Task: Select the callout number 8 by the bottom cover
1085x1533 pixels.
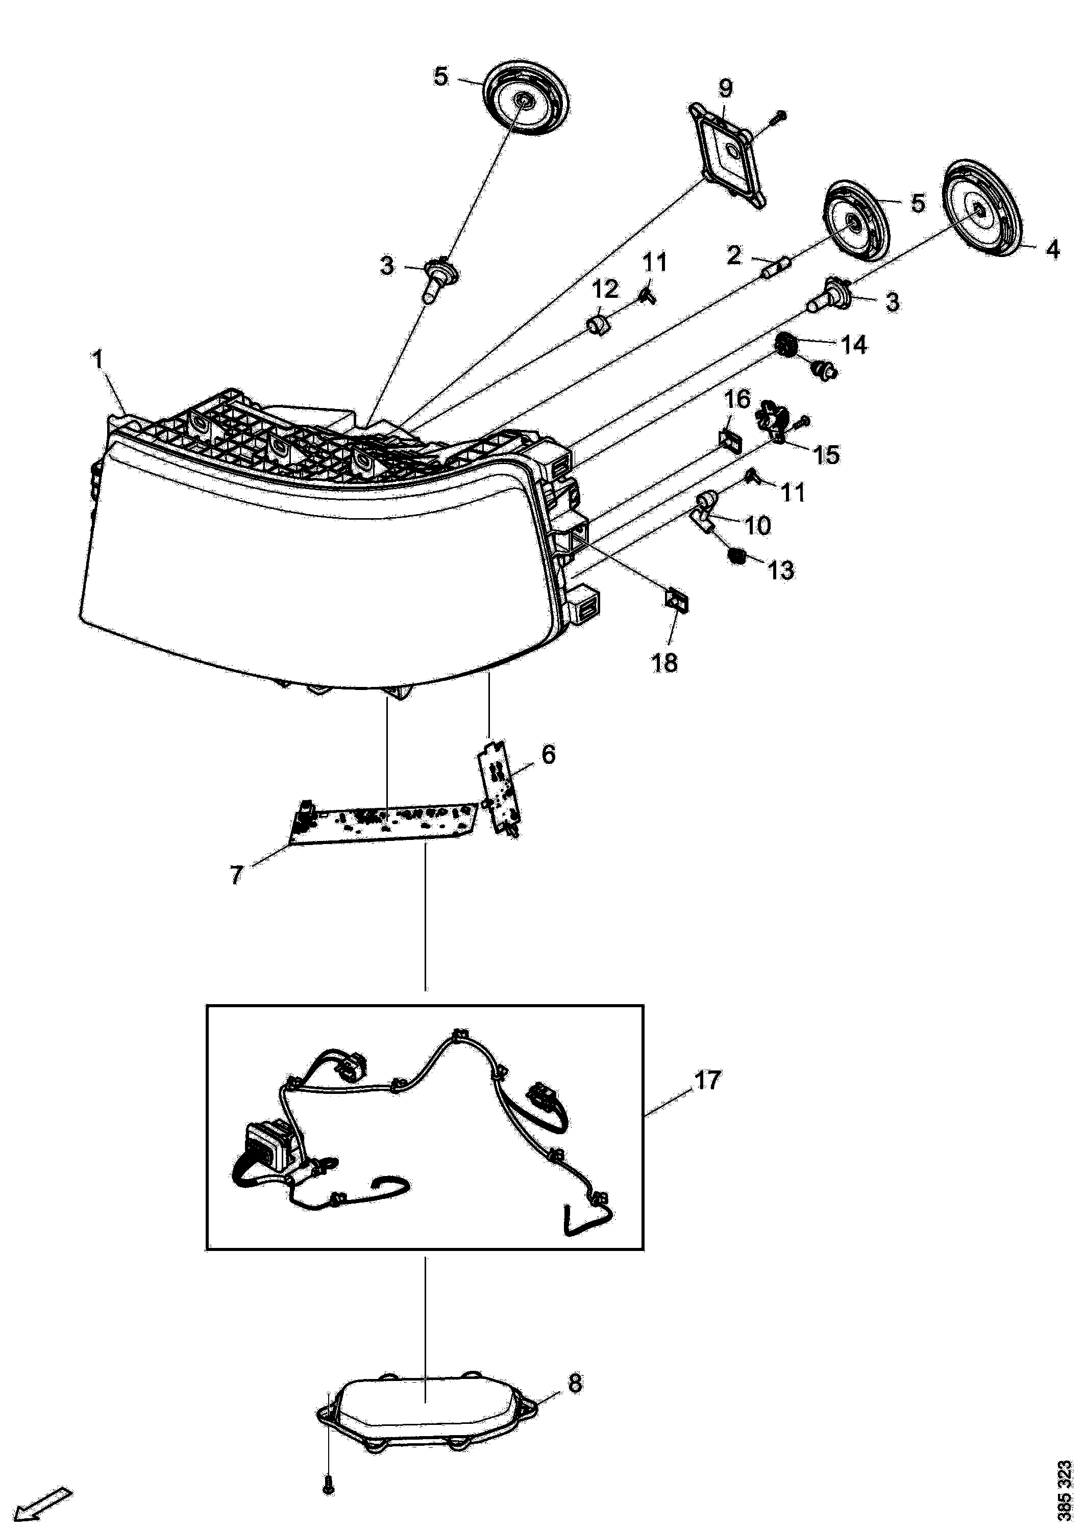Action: (575, 1383)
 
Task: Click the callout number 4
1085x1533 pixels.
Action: (1053, 250)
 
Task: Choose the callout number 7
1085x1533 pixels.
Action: (236, 875)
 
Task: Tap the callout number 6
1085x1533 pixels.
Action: (548, 755)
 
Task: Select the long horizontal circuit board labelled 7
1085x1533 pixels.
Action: (385, 823)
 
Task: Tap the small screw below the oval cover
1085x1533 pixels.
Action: (328, 1502)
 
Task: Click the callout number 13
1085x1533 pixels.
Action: (780, 570)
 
